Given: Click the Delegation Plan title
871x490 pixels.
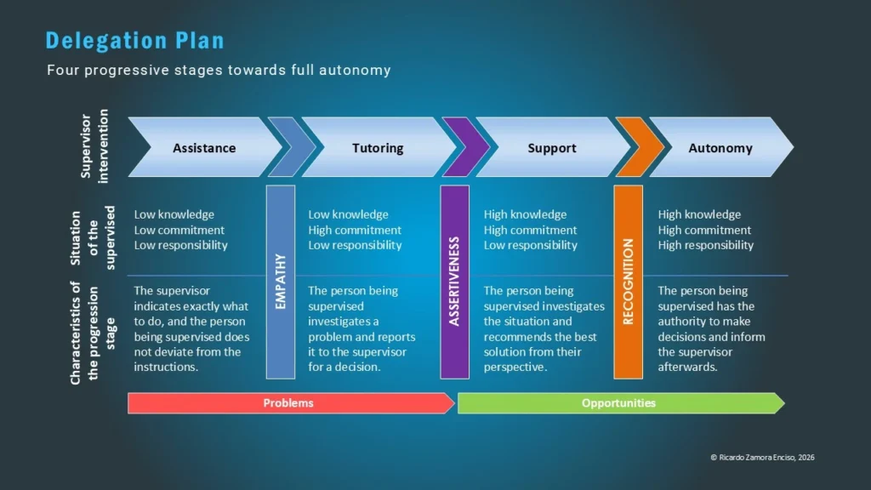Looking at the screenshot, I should point(134,40).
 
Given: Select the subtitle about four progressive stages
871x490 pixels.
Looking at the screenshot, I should point(219,70).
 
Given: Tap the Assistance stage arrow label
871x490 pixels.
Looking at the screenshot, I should point(204,148).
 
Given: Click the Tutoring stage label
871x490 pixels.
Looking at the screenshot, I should point(378,148).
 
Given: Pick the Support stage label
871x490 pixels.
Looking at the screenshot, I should point(552,148).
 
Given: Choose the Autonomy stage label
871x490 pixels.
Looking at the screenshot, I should point(720,148).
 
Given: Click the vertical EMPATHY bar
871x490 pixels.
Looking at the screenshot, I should point(281,281).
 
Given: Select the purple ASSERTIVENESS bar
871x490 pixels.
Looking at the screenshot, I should point(454,281).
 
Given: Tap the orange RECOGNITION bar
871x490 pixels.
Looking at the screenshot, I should point(629,281).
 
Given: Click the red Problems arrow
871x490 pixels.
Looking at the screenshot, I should point(289,403).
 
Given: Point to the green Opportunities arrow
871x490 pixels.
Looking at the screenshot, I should point(619,403).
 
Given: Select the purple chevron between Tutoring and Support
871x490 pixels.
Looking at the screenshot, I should point(464,147).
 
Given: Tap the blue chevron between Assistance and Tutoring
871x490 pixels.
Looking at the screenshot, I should point(291,147).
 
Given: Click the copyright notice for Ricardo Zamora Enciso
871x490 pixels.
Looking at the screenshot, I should point(762,458).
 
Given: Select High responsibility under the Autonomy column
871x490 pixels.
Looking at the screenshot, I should point(705,245).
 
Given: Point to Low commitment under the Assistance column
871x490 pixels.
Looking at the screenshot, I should point(179,230).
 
